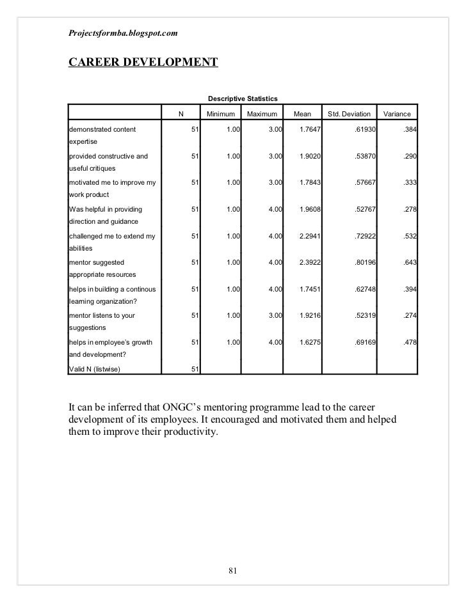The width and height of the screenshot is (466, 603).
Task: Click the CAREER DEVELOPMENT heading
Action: point(142,62)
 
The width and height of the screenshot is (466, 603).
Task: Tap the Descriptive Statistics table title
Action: point(242,98)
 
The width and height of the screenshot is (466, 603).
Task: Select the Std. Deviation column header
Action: point(349,114)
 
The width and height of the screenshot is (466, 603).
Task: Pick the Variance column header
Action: point(397,114)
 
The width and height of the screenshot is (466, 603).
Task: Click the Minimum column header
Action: point(221,114)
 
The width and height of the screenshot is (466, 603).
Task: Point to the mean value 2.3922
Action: point(310,262)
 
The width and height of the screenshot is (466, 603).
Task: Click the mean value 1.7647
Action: point(310,130)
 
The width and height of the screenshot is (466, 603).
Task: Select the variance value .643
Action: point(409,262)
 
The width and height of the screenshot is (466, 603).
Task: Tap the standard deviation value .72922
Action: point(364,235)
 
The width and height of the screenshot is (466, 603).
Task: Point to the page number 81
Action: point(233,571)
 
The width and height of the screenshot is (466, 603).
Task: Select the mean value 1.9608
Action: point(310,209)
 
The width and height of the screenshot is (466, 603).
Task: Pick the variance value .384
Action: point(409,130)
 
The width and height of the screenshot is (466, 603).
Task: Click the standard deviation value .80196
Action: point(364,262)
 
